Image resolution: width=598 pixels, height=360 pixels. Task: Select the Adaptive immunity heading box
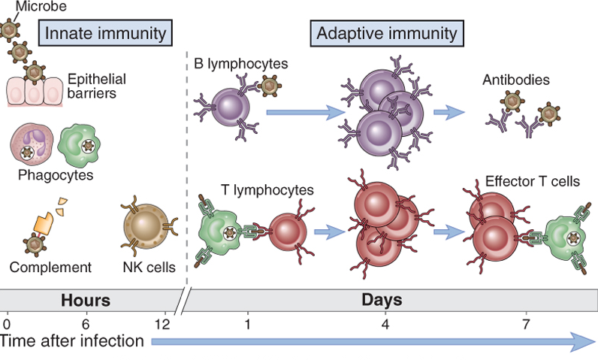point(386,33)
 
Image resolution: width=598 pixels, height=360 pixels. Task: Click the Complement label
point(50,267)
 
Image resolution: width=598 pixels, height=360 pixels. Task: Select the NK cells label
point(149,267)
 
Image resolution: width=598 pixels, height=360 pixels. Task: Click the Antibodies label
point(517,79)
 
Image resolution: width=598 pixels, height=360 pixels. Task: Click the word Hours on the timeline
point(86,300)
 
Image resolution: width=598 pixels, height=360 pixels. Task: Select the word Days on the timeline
point(382,300)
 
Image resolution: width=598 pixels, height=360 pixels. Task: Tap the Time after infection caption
point(72,341)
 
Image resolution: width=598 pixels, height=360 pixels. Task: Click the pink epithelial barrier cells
point(35,92)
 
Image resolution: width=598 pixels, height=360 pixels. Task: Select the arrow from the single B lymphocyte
point(299,113)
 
